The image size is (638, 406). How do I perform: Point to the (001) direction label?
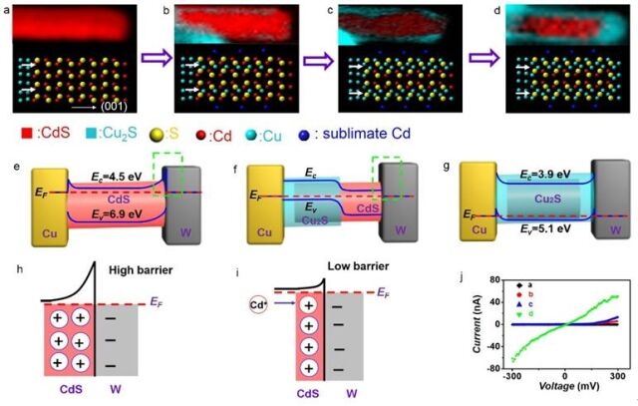click(x=117, y=100)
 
